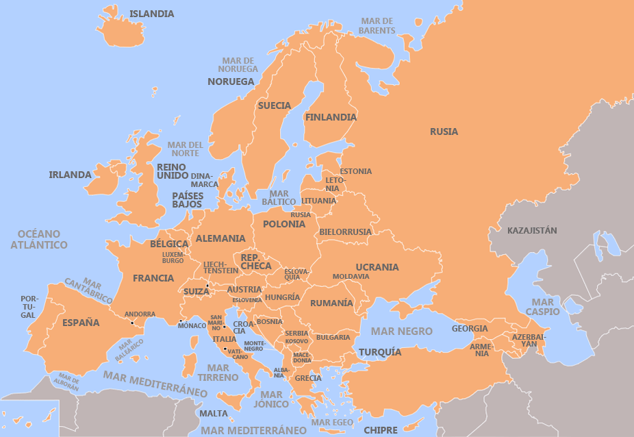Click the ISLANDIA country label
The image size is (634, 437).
[x=151, y=14]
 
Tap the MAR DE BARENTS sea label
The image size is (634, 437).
[x=377, y=26]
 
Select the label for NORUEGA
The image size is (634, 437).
[x=231, y=82]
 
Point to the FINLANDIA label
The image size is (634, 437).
[x=331, y=117]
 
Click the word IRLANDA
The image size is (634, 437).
[x=70, y=175]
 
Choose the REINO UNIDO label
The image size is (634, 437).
[x=173, y=171]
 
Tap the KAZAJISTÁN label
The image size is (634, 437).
[x=532, y=231]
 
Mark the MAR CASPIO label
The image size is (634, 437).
[x=543, y=307]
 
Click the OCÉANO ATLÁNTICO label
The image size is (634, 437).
[x=39, y=239]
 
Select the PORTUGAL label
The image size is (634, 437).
[x=28, y=307]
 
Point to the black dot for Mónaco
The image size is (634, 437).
[x=180, y=321]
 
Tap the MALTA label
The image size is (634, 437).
[x=214, y=414]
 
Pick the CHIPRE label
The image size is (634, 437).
[x=380, y=430]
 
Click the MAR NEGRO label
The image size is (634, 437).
[x=401, y=331]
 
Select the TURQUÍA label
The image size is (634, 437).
[x=380, y=352]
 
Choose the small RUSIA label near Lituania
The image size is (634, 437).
[x=301, y=215]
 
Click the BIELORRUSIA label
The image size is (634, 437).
[x=345, y=232]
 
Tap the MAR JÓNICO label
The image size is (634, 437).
[x=270, y=399]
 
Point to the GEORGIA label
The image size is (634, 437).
[x=470, y=329]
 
